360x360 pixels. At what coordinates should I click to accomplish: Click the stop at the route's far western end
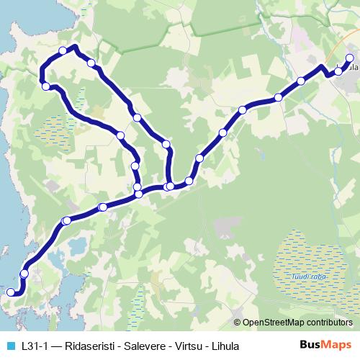coord(10,292)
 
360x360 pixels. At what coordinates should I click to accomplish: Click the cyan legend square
coord(9,346)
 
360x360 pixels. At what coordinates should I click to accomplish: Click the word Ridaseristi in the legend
coord(87,346)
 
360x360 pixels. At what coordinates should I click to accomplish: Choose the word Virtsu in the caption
coord(184,346)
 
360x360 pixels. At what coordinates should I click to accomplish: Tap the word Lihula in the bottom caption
coord(222,346)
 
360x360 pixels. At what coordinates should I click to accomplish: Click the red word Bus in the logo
coord(310,345)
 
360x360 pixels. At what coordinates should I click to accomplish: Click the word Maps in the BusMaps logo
coord(337,345)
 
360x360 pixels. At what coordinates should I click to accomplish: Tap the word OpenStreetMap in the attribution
coord(274,323)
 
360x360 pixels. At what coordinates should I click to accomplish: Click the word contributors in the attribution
coord(330,323)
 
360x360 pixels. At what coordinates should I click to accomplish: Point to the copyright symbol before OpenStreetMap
coord(238,323)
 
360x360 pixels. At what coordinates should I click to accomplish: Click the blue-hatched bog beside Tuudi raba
coord(299,252)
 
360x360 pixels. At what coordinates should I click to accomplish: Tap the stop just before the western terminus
coord(24,274)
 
